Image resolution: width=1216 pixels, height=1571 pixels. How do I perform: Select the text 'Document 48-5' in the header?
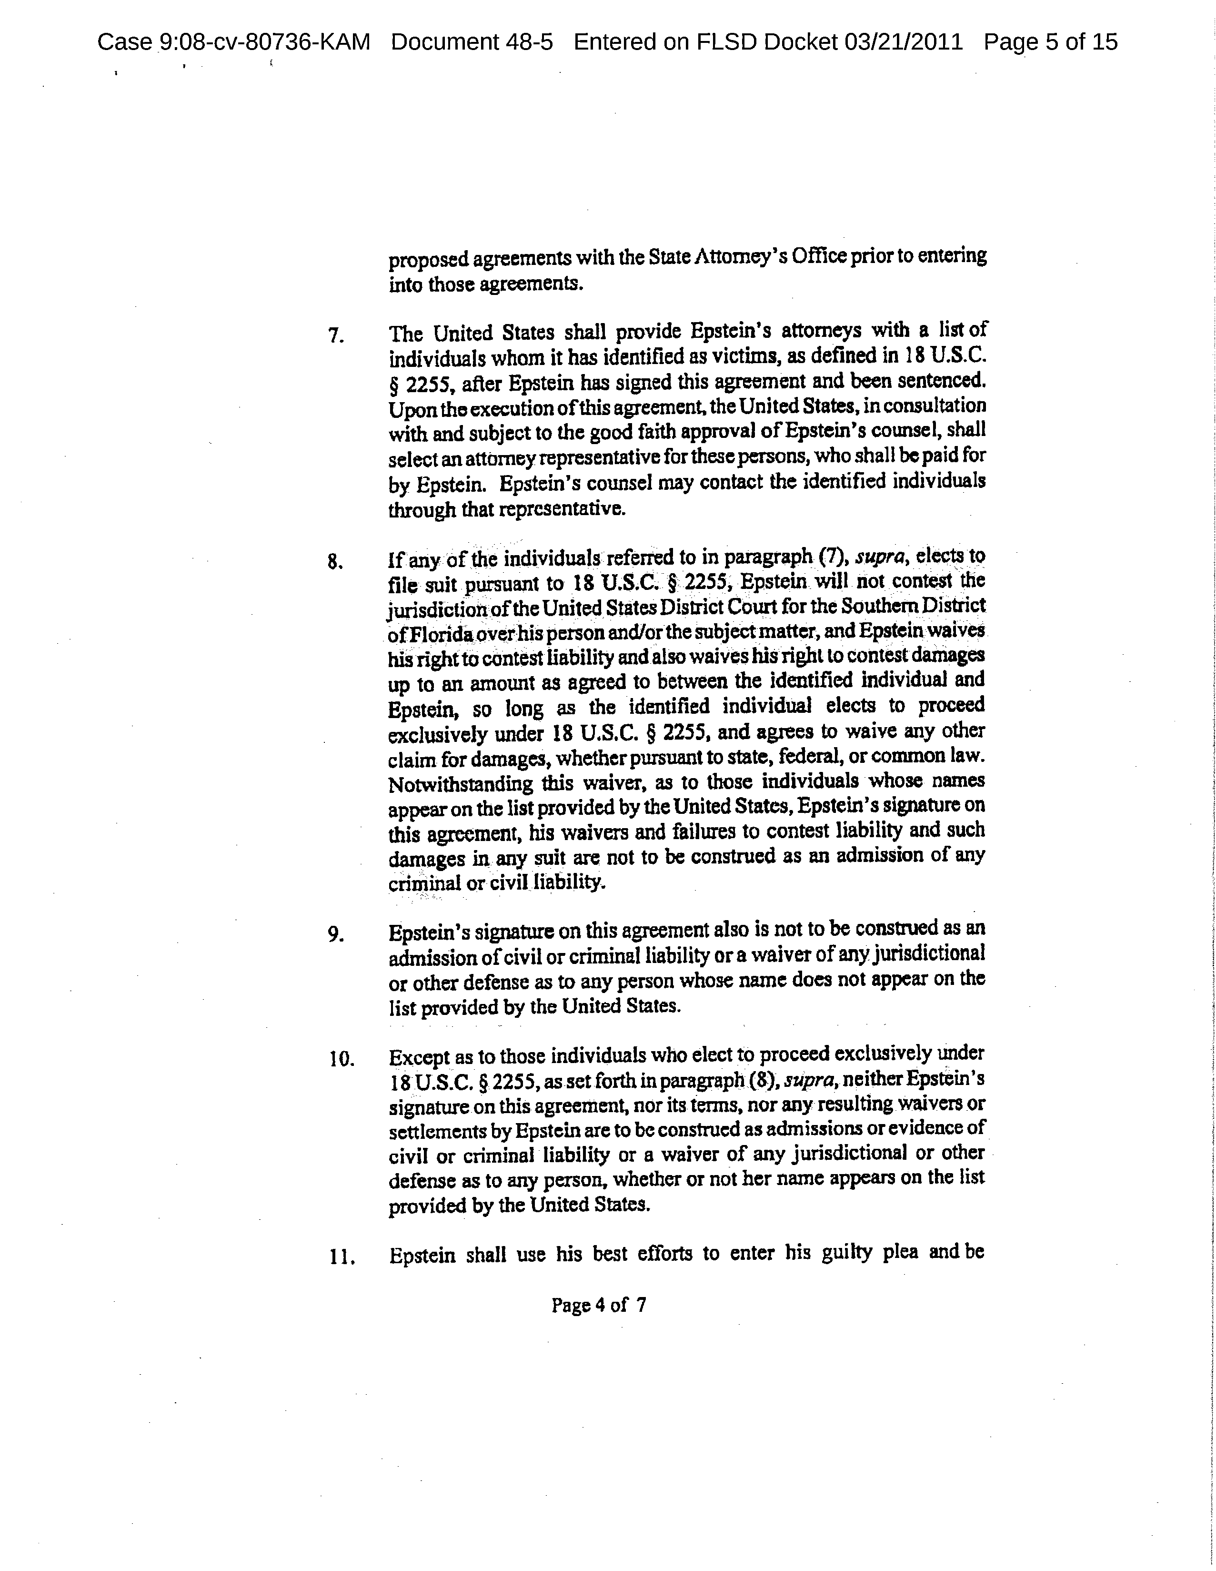click(x=472, y=42)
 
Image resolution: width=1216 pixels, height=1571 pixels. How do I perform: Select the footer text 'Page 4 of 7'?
click(x=598, y=1305)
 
